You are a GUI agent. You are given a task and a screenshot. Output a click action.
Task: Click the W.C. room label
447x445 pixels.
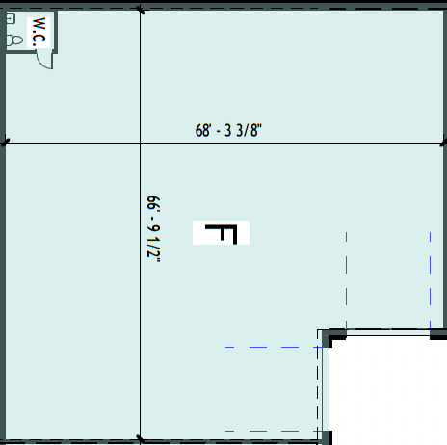(x=39, y=32)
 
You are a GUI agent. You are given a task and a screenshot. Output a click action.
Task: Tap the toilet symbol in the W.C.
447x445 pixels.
(x=14, y=40)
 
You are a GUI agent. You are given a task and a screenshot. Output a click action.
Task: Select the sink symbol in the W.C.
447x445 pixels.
(x=11, y=18)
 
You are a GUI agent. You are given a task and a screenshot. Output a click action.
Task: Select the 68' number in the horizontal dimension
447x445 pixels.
(x=203, y=131)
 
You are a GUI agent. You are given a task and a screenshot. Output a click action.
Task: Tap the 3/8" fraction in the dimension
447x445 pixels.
(x=250, y=130)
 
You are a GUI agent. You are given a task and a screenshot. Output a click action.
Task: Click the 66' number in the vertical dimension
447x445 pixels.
(x=153, y=203)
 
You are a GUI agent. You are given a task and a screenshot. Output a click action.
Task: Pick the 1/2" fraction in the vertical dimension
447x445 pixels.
(x=153, y=249)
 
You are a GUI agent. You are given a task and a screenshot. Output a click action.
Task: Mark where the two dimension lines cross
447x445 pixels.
(x=140, y=144)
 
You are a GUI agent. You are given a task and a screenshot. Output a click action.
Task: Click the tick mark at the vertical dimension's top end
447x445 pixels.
(x=141, y=10)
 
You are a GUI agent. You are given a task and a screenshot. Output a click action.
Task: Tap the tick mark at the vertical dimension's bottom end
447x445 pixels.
(x=140, y=438)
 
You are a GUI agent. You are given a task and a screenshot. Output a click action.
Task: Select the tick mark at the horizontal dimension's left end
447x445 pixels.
(x=5, y=143)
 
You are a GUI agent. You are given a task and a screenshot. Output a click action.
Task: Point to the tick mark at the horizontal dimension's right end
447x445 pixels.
(x=443, y=142)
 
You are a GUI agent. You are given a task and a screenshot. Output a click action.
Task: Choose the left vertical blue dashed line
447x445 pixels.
(x=346, y=280)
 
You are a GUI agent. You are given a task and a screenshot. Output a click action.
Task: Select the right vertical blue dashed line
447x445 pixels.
(x=431, y=280)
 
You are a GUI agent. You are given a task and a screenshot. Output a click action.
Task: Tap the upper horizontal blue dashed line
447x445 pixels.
(x=274, y=347)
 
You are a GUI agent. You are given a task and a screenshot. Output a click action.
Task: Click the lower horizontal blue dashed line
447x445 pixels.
(x=274, y=432)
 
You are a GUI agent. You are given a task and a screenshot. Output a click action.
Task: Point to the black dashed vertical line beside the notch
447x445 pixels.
(x=318, y=385)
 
